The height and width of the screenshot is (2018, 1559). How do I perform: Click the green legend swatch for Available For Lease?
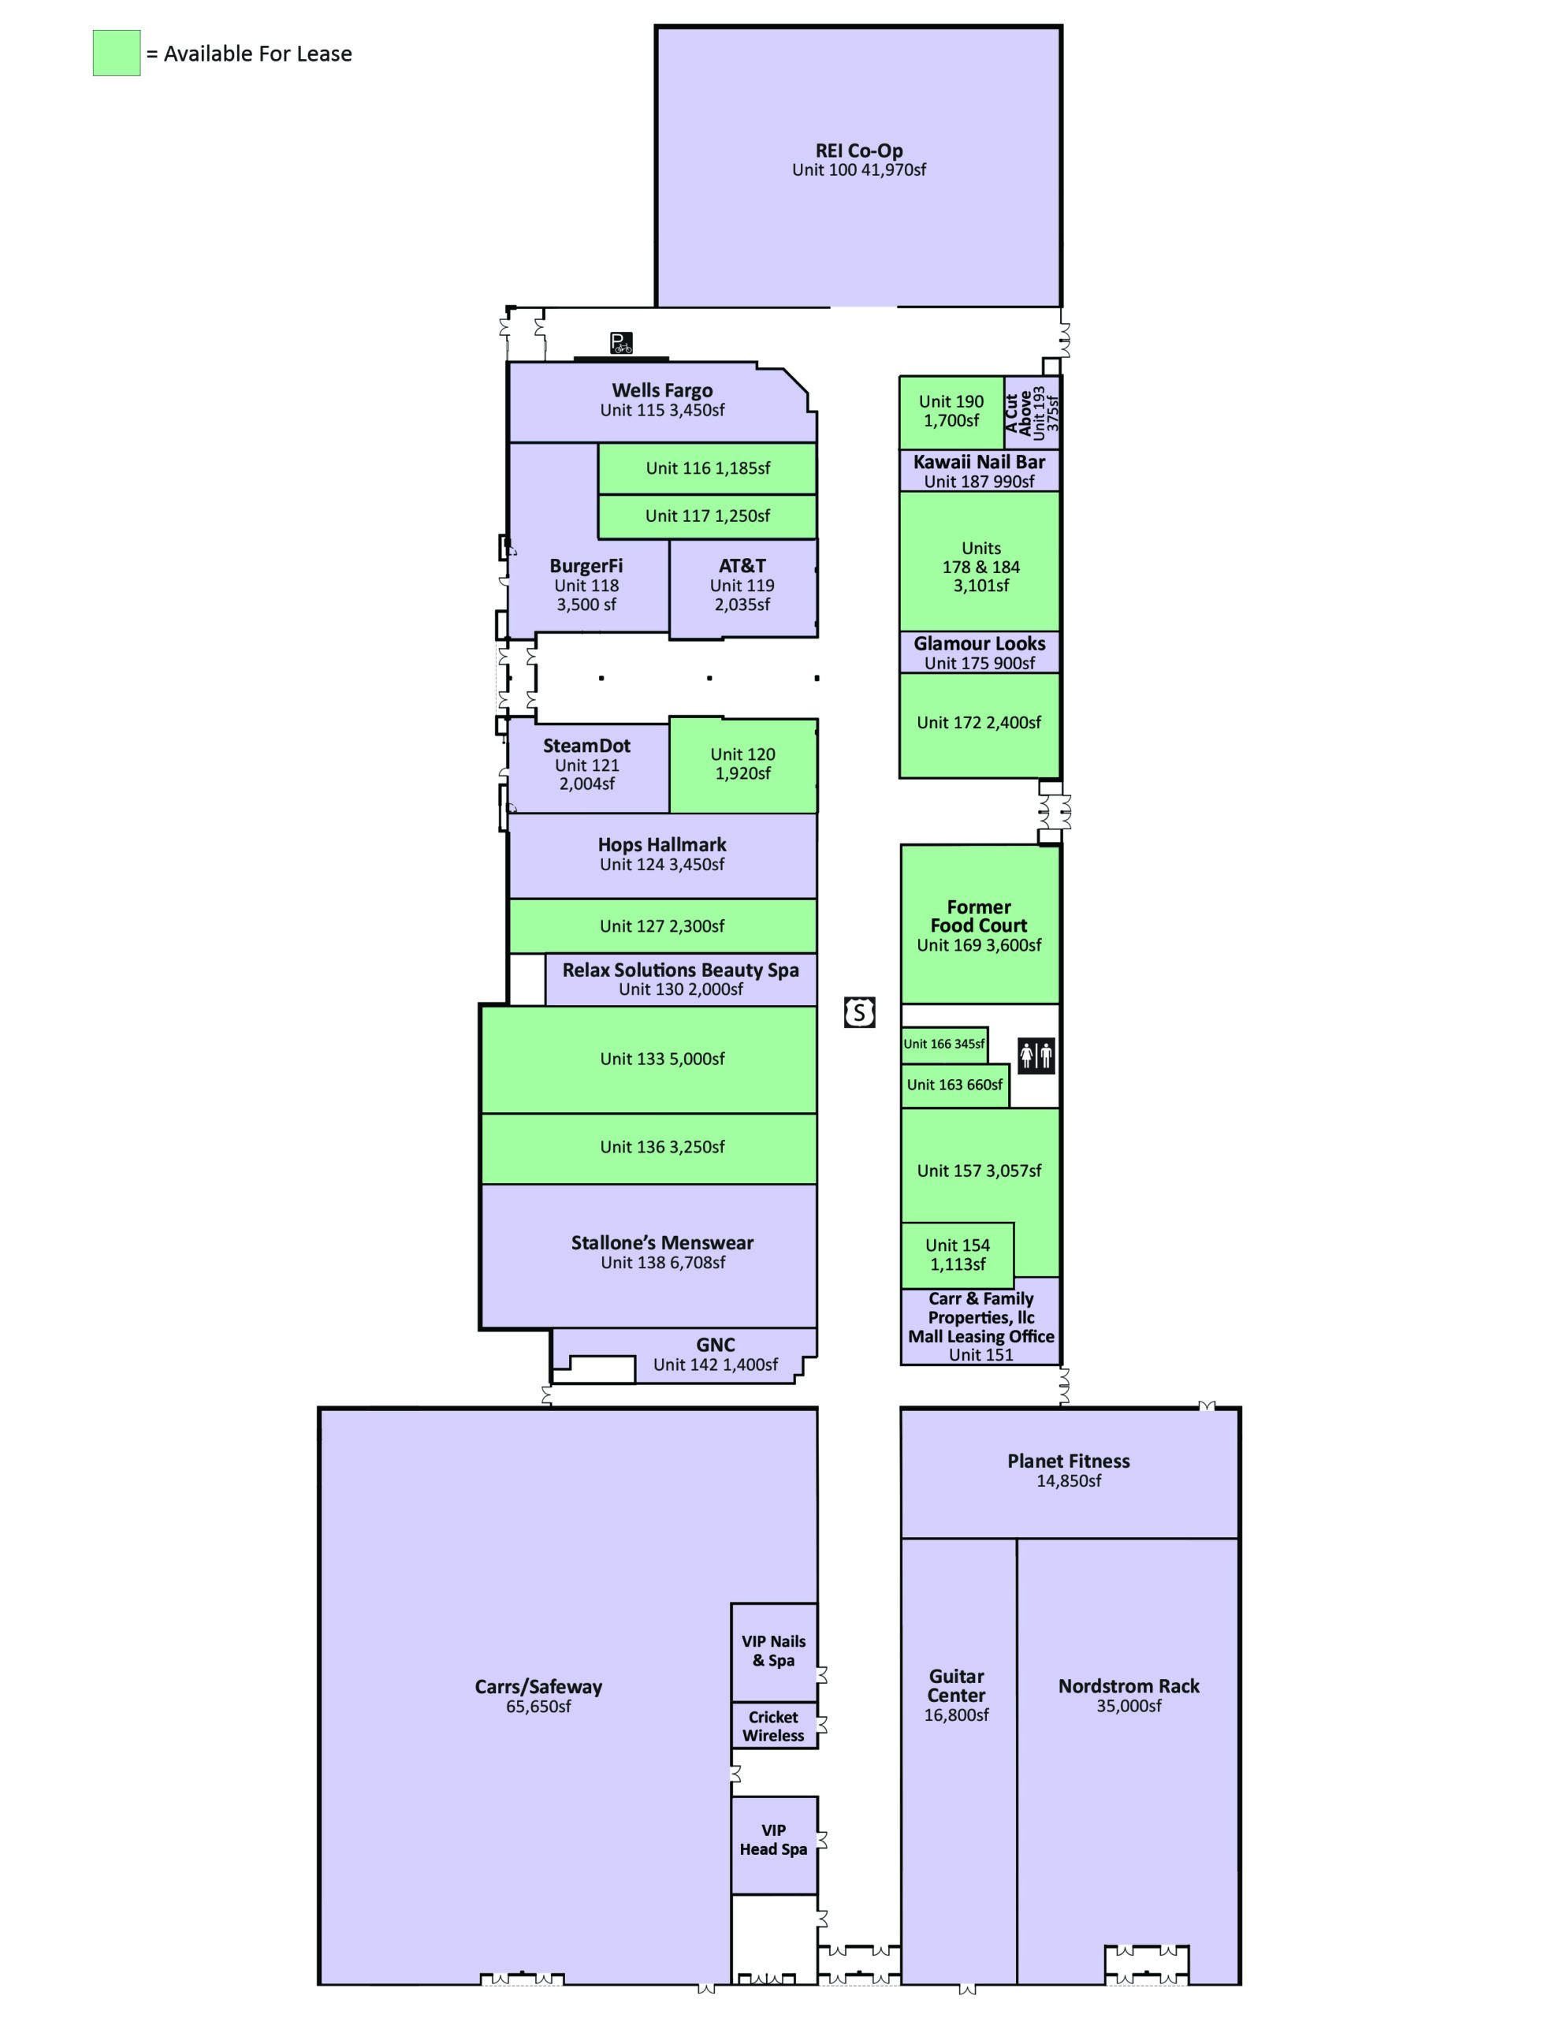click(x=117, y=53)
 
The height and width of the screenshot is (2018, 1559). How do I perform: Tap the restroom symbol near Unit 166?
click(x=1035, y=1054)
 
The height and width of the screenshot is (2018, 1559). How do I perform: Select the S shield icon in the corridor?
click(x=859, y=1013)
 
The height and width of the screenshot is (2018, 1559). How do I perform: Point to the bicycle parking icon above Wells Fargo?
click(x=621, y=343)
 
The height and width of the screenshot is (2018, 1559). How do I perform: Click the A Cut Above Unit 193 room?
click(x=1032, y=412)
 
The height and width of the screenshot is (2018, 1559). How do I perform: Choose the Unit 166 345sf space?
click(x=943, y=1044)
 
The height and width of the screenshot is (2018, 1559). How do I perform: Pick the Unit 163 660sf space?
click(x=954, y=1085)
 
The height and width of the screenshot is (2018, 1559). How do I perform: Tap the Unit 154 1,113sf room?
click(x=958, y=1255)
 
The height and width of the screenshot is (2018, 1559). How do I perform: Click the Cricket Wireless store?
click(x=773, y=1726)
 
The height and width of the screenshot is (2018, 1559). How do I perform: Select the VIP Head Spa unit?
click(x=773, y=1840)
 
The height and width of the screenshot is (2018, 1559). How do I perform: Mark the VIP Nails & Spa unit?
click(x=773, y=1650)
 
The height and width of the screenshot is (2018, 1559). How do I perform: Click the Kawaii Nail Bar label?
click(x=979, y=462)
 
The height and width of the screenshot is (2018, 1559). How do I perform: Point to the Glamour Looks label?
click(x=979, y=643)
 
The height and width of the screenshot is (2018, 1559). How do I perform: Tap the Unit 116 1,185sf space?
click(x=707, y=468)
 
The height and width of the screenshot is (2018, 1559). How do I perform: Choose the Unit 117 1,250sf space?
click(x=707, y=516)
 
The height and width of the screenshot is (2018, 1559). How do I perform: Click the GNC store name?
click(x=716, y=1344)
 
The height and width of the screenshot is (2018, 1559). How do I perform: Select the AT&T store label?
click(x=742, y=565)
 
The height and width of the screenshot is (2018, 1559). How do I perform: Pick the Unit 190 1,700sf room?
click(x=951, y=411)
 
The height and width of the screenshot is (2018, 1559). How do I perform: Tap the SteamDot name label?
click(x=587, y=746)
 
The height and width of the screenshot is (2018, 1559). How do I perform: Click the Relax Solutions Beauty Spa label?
click(x=680, y=970)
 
